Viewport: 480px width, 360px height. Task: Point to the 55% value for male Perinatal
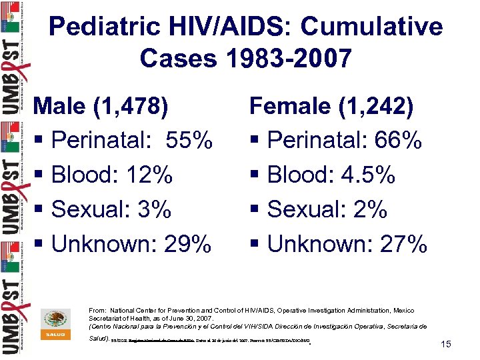tap(189, 140)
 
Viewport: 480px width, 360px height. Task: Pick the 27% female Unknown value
tap(403, 244)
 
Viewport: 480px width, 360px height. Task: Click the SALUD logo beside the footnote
tap(55, 323)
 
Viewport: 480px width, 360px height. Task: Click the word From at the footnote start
tap(97, 311)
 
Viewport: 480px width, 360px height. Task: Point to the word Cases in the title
tap(178, 59)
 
